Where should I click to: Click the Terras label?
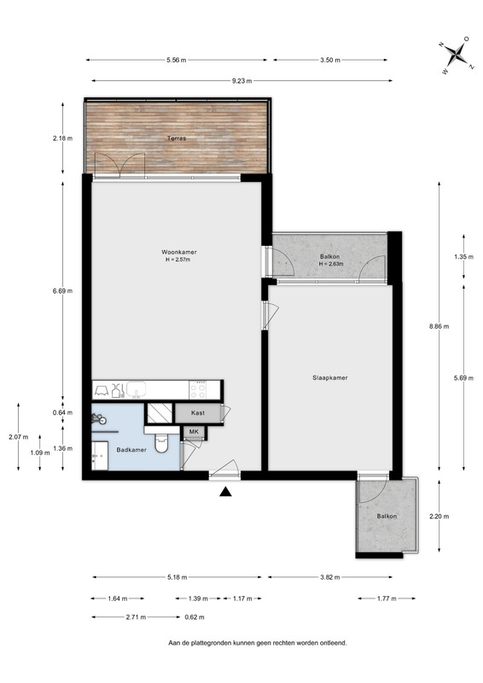point(177,138)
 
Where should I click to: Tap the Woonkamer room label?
point(179,252)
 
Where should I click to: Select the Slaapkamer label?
point(330,377)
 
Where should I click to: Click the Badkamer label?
point(131,450)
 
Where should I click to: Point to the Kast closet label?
point(198,413)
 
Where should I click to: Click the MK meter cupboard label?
point(194,432)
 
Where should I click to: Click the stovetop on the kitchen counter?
point(198,389)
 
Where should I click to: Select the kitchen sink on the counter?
point(137,389)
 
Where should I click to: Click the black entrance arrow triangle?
point(224,492)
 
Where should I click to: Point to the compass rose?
point(456,54)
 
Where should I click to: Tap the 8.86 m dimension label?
point(439,326)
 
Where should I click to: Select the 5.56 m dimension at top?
point(176,60)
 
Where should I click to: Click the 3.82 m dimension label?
point(329,577)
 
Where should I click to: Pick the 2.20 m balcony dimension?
point(439,517)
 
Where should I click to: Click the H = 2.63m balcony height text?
point(331,264)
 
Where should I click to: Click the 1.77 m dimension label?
point(387,598)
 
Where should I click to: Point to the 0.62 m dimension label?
point(195,617)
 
